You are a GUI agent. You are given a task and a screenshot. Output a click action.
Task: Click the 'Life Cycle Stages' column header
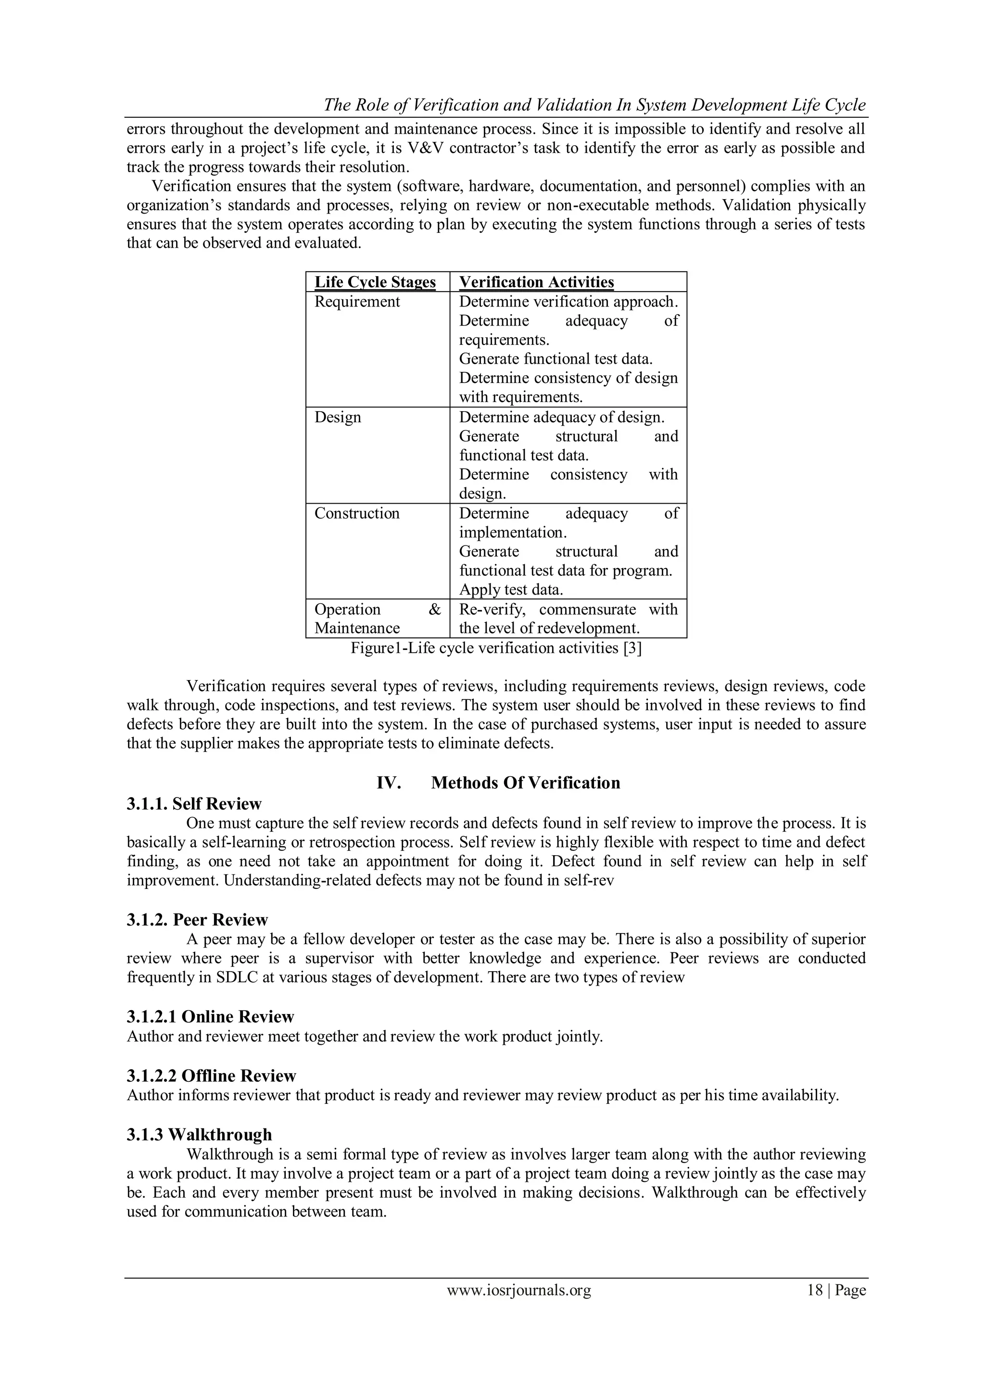(x=375, y=282)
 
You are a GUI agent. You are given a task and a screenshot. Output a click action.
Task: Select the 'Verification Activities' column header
(x=536, y=282)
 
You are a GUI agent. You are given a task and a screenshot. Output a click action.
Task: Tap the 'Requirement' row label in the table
(x=357, y=302)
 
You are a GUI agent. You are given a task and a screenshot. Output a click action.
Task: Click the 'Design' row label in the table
(x=337, y=418)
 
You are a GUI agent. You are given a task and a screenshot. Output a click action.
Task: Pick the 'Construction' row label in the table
(x=357, y=513)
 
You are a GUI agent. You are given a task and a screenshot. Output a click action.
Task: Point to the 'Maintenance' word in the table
(x=357, y=628)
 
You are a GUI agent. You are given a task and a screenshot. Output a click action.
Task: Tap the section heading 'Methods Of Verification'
(x=525, y=783)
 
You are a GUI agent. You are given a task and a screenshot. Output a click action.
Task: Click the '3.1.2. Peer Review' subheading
(x=197, y=920)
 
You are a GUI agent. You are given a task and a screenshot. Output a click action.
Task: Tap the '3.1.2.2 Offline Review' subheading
(x=211, y=1076)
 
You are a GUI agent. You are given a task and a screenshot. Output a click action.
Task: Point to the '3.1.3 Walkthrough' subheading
(x=199, y=1135)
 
